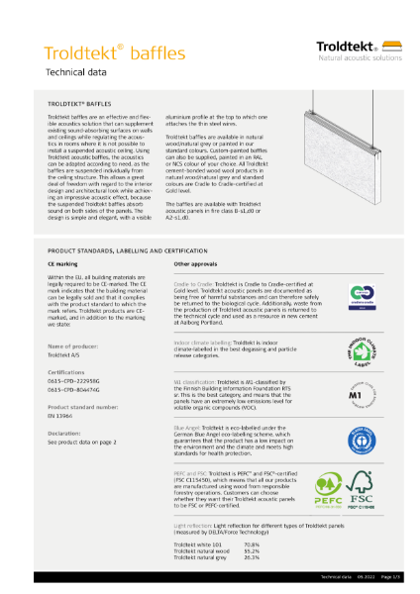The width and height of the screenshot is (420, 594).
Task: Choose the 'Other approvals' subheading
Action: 195,266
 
